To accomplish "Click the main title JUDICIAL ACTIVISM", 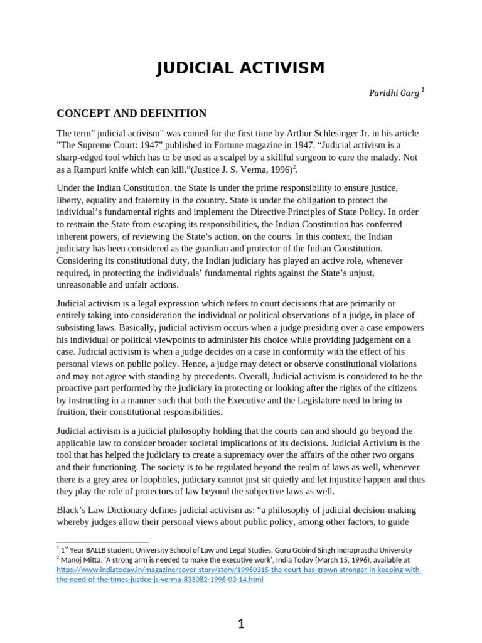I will click(240, 68).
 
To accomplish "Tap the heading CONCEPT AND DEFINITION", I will click(132, 114).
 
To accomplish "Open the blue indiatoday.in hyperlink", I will click(239, 575).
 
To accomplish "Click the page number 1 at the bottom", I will click(241, 624).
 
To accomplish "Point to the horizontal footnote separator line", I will click(103, 542).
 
